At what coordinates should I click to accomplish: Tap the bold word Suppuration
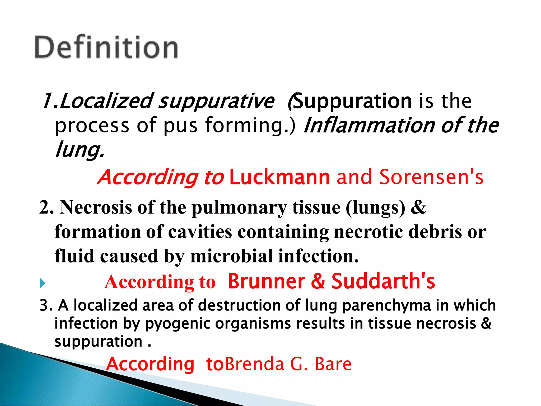click(x=353, y=101)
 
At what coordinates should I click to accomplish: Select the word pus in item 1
click(x=180, y=125)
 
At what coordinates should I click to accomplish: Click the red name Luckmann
click(x=280, y=177)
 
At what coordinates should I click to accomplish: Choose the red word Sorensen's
click(x=431, y=177)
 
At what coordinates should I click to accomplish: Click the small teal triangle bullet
click(x=42, y=283)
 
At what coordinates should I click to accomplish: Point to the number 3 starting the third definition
click(x=44, y=305)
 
